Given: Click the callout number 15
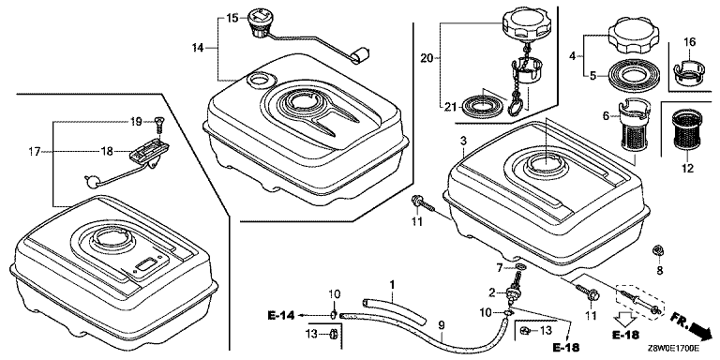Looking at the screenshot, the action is tap(232, 19).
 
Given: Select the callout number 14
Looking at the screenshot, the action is tap(198, 47).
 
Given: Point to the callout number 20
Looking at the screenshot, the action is tap(427, 57).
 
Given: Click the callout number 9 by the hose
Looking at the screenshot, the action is tap(442, 325).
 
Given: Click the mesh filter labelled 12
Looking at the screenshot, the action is tap(687, 130).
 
